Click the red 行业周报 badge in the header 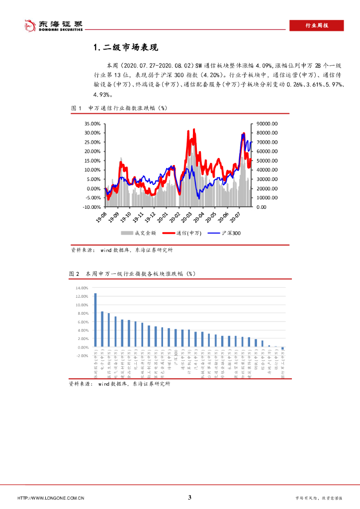pos(317,26)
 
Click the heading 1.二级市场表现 pos(125,48)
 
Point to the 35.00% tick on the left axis pos(92,124)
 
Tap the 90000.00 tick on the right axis pos(267,124)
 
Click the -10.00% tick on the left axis pos(91,207)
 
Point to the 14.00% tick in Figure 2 pos(82,288)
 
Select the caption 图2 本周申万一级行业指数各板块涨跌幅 pos(132,274)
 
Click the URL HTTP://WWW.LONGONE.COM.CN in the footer pos(51,498)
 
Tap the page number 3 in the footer pos(189,497)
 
